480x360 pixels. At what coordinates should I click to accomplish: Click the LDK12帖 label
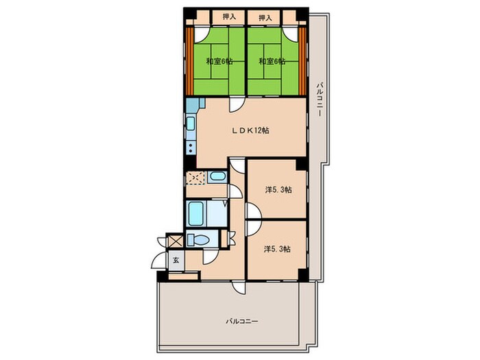click(x=250, y=131)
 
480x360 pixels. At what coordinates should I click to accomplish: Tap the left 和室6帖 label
click(x=219, y=62)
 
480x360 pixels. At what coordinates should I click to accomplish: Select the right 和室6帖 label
click(x=272, y=62)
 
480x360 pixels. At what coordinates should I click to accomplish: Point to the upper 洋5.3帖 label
click(x=278, y=190)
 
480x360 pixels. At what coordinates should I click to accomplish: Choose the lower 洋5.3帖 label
click(x=277, y=250)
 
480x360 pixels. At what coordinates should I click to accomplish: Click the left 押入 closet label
click(x=229, y=17)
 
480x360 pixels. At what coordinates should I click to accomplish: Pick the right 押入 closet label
click(x=265, y=18)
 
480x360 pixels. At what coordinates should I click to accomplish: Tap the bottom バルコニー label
click(x=242, y=322)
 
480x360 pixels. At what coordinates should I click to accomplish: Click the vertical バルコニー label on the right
click(x=320, y=99)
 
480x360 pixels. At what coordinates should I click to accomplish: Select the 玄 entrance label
click(x=176, y=261)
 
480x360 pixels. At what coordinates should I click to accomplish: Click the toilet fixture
click(x=198, y=239)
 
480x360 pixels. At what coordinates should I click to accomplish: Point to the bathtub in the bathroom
click(x=196, y=213)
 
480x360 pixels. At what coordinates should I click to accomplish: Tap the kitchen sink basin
click(x=191, y=123)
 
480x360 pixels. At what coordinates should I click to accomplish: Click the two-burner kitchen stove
click(x=191, y=148)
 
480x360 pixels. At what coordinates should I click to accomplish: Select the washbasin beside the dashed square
click(x=217, y=177)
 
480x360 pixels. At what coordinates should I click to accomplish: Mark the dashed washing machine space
click(x=195, y=178)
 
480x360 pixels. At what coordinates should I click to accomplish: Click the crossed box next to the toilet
click(x=175, y=241)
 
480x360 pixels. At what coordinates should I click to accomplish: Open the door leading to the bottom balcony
click(x=238, y=288)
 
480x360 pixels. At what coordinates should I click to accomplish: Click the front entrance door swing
click(x=159, y=261)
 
